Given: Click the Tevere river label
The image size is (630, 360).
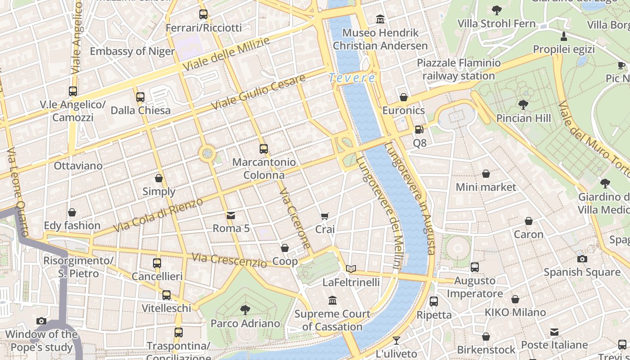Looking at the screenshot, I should (352, 78).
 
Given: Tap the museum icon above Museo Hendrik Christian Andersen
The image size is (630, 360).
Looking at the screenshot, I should (380, 19).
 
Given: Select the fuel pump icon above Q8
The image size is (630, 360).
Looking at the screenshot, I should (419, 130).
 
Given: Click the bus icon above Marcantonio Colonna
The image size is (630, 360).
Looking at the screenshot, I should (264, 148).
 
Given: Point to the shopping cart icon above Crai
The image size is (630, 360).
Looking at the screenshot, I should (325, 216).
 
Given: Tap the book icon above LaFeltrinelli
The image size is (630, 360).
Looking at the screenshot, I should (351, 269).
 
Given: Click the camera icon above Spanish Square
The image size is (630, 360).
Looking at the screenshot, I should (582, 259).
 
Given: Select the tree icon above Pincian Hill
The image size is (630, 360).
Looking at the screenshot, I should (523, 105).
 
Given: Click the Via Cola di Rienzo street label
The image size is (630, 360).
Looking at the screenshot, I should (158, 215).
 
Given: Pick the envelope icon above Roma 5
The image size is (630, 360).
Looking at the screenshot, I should (231, 215).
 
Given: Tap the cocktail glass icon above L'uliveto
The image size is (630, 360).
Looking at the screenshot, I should (396, 340).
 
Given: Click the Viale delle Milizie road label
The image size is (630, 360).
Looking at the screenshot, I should (226, 54).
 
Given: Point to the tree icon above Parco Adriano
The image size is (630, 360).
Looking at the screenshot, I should (245, 310).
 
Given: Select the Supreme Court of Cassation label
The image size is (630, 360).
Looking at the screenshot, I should (333, 320).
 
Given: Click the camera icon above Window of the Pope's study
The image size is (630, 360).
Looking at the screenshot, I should (41, 321).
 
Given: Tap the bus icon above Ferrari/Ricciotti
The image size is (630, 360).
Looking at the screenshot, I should (203, 14).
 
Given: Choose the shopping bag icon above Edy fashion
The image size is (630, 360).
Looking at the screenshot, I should (72, 212).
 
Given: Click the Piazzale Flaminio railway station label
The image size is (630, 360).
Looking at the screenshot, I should (459, 69).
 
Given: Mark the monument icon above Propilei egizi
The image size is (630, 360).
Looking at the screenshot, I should (563, 36).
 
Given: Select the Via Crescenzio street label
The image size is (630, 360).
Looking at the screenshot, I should (229, 260).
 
